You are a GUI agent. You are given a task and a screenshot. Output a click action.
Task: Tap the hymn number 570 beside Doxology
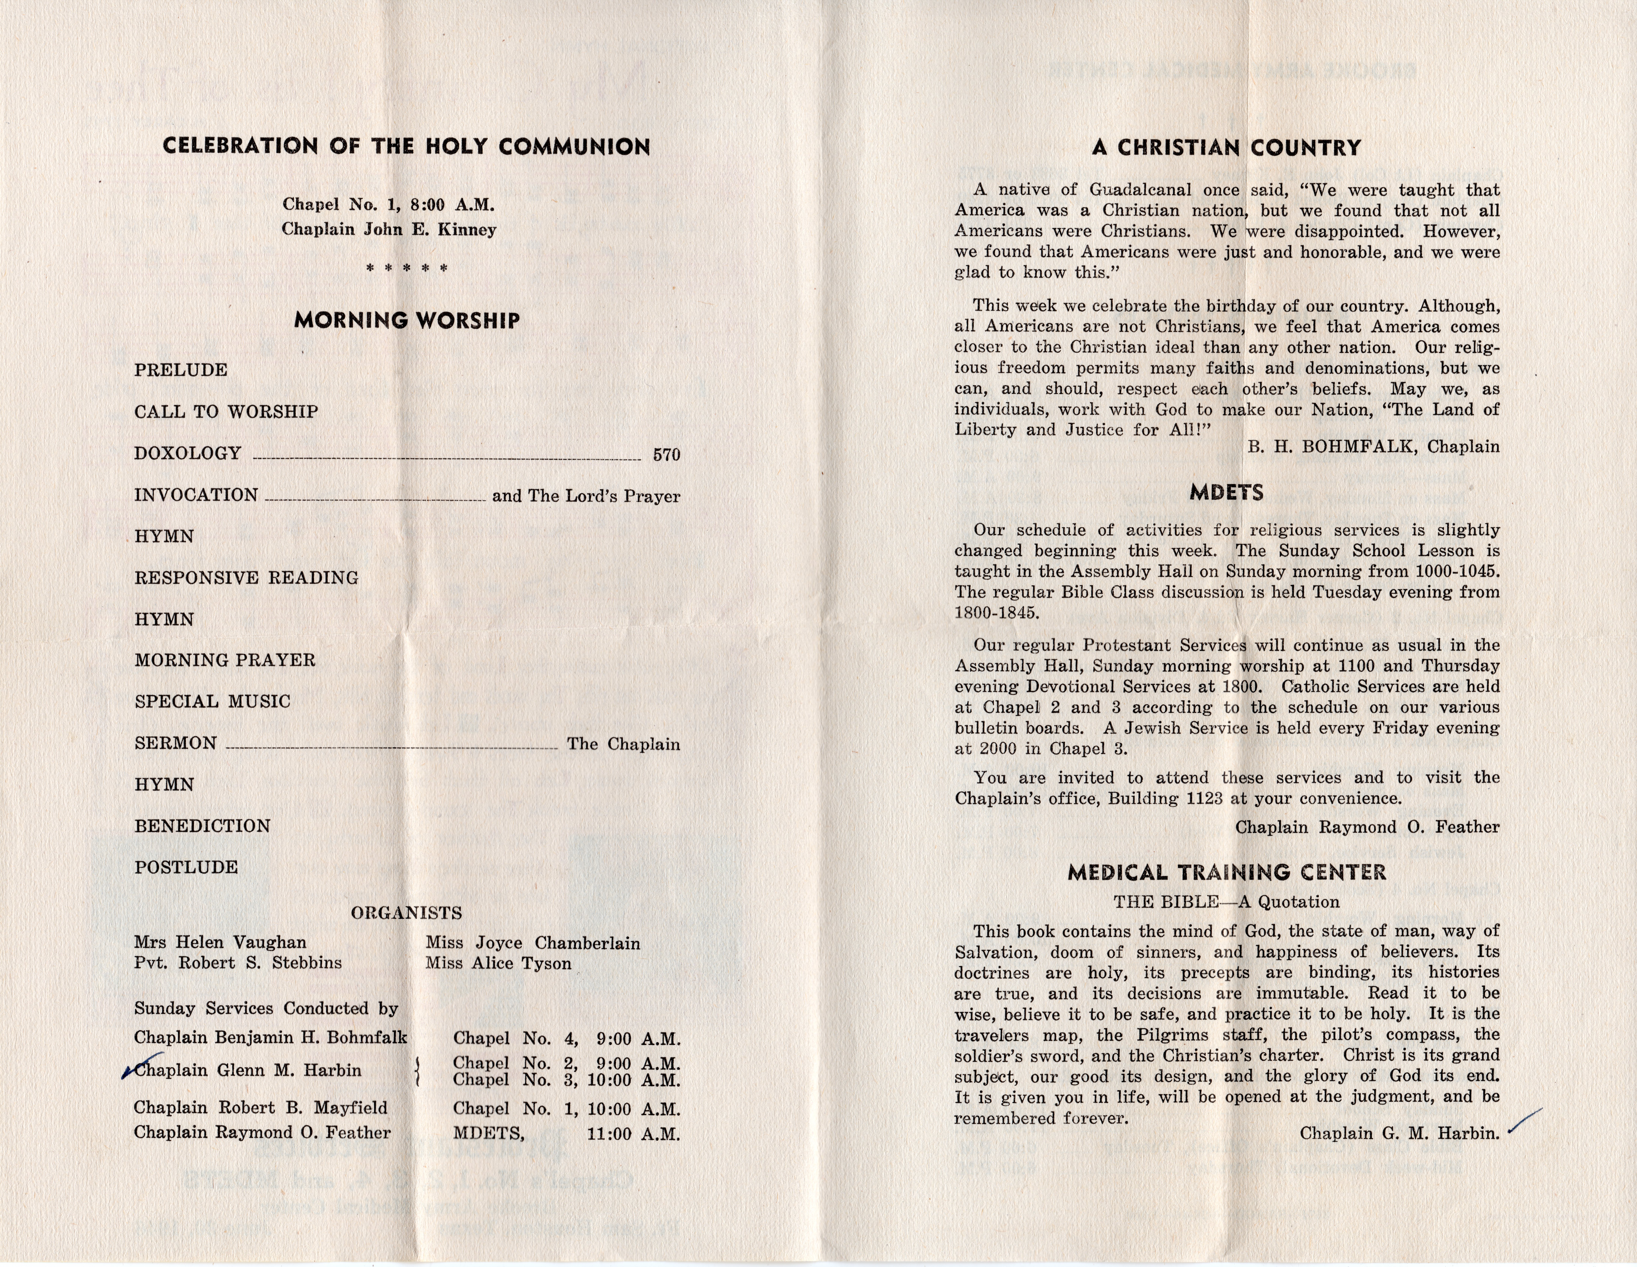(x=666, y=455)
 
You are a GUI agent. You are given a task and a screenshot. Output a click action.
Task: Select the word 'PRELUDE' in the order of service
(x=181, y=370)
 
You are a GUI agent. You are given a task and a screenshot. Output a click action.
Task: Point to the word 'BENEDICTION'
(x=202, y=826)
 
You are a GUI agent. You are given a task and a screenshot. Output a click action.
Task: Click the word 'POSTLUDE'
(x=186, y=868)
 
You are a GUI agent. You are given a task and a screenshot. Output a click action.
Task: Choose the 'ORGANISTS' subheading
(x=406, y=913)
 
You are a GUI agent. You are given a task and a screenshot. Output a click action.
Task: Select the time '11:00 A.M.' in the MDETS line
(x=633, y=1134)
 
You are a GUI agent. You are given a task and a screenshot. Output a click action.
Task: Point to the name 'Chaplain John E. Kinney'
(x=389, y=229)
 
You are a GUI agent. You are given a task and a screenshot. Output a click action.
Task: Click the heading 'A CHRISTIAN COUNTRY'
(x=1226, y=148)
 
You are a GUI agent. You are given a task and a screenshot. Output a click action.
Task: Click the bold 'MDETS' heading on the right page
(x=1226, y=492)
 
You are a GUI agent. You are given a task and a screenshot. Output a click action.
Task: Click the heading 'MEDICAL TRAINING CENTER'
(x=1226, y=872)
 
